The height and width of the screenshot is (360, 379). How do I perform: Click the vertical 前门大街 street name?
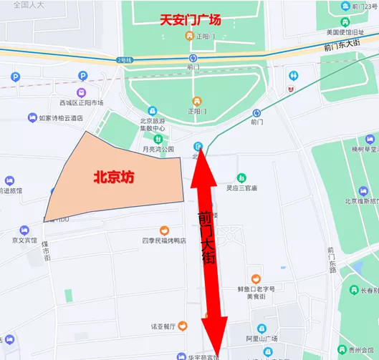207,236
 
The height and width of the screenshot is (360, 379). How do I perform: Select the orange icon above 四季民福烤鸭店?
165,230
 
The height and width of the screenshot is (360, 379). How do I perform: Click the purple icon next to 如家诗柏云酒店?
32,118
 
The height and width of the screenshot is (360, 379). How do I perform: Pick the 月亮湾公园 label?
158,149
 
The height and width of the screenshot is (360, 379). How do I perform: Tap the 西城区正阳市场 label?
81,102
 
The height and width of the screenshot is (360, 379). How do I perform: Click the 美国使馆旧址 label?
347,31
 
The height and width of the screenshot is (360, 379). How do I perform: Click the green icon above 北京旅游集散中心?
158,138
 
